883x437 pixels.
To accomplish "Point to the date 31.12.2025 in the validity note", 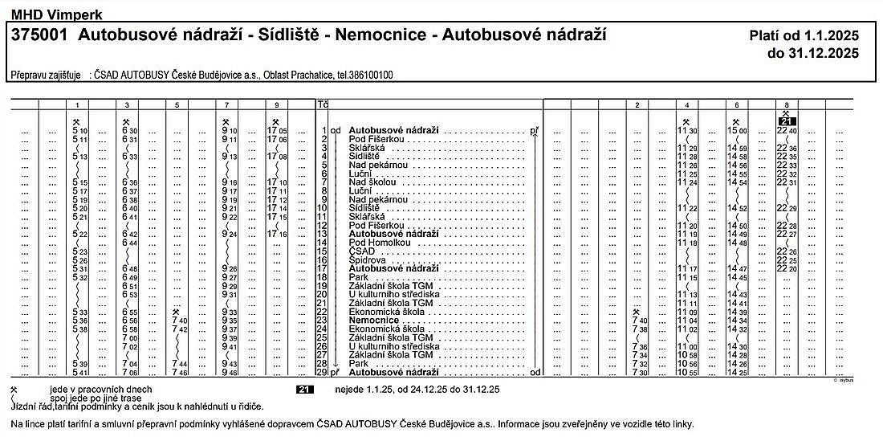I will (x=813, y=54).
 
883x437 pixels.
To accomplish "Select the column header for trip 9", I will (x=276, y=104).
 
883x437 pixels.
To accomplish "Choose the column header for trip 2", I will (x=636, y=104).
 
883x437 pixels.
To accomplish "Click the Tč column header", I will (x=323, y=104).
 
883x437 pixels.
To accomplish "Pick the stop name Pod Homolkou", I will (x=380, y=243).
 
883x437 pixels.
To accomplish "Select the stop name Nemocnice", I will (x=374, y=321).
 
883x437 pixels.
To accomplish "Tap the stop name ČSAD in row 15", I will (x=363, y=251).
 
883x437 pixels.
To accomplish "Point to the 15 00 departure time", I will (x=737, y=130).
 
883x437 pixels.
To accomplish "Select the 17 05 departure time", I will (x=276, y=130).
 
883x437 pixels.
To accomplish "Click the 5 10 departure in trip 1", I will (x=79, y=130).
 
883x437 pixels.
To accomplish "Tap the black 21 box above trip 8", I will (x=786, y=121).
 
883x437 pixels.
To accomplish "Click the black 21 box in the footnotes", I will (x=303, y=390).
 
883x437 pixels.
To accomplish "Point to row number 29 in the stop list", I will (x=322, y=373).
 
